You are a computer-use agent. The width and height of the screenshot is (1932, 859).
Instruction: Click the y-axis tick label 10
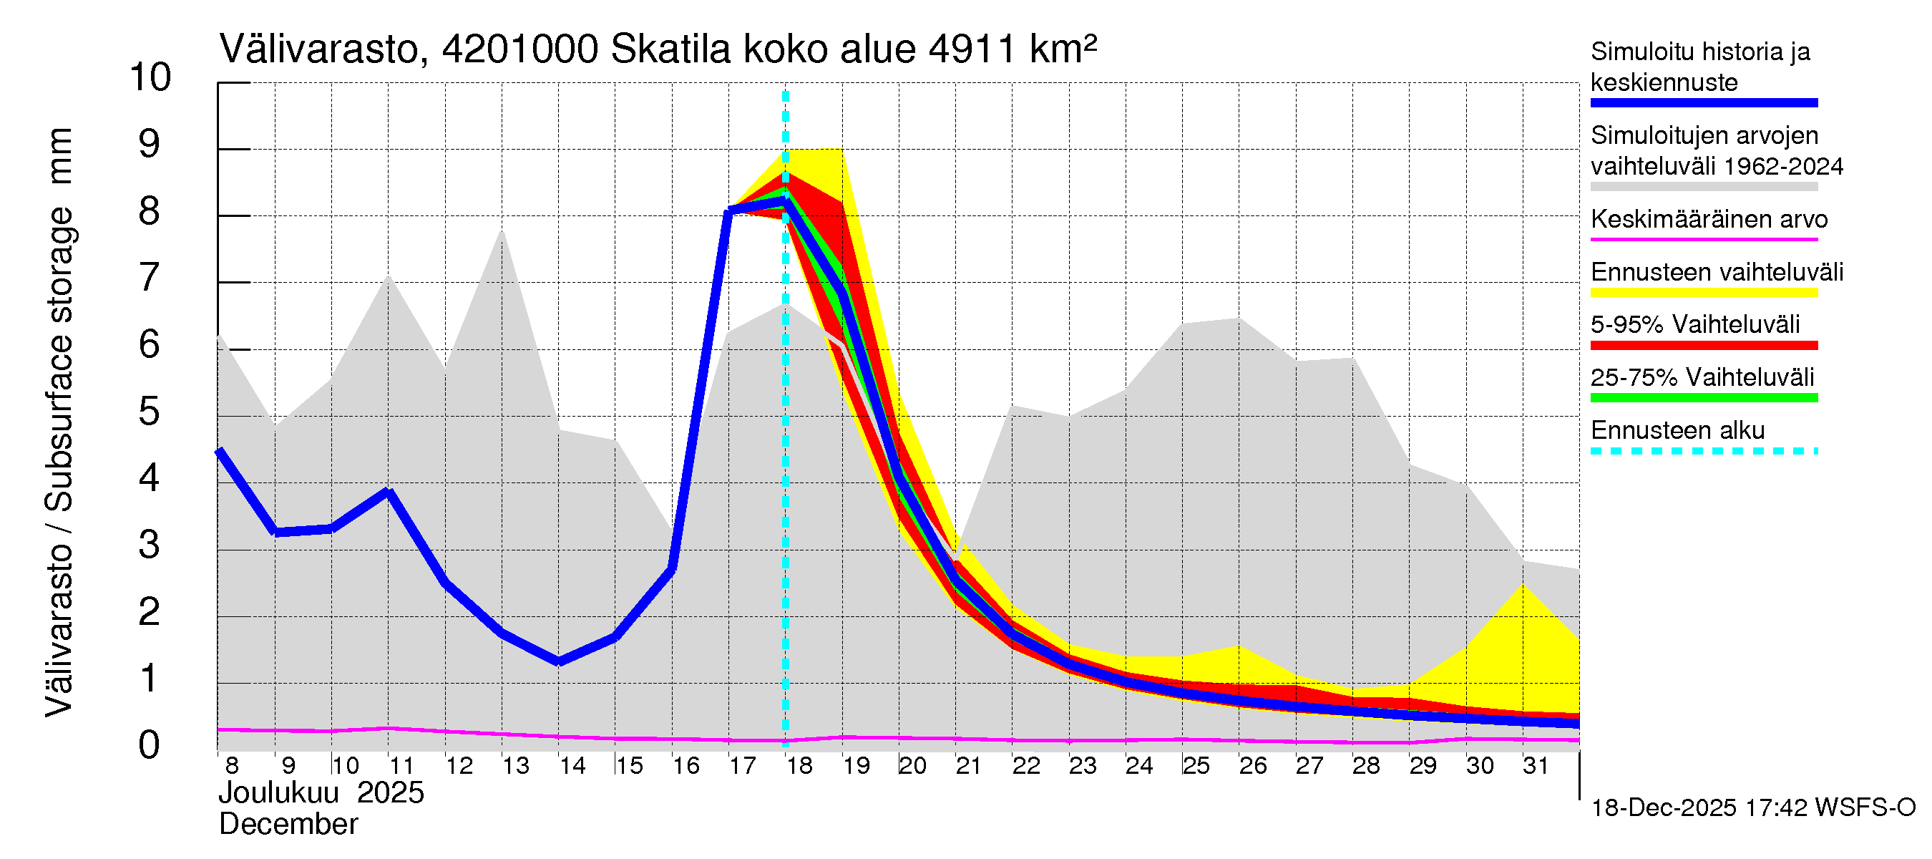[x=150, y=78]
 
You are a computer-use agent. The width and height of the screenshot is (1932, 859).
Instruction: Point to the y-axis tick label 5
[x=150, y=412]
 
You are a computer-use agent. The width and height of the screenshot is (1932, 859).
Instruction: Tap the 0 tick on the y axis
[x=150, y=746]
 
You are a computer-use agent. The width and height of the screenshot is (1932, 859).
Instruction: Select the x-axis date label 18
[x=799, y=766]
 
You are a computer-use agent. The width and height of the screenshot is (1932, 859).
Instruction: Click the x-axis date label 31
[x=1536, y=766]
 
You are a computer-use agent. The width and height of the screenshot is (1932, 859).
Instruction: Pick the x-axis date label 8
[x=232, y=766]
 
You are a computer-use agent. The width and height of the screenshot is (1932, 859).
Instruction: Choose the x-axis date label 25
[x=1196, y=766]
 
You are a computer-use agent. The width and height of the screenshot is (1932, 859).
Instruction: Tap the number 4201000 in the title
[x=519, y=50]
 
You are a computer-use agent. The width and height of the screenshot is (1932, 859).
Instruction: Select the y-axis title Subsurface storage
[x=60, y=359]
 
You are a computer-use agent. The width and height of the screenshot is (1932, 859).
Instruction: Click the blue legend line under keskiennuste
[x=1703, y=103]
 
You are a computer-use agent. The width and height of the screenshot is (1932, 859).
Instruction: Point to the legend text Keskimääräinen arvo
[x=1709, y=220]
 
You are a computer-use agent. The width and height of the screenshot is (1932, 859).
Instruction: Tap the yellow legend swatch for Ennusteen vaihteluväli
[x=1703, y=293]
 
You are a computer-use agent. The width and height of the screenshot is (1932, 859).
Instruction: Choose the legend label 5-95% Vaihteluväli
[x=1694, y=325]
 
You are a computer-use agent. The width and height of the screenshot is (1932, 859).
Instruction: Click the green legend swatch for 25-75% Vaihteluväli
[x=1703, y=397]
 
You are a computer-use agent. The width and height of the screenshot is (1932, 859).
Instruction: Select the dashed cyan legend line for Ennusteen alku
[x=1703, y=451]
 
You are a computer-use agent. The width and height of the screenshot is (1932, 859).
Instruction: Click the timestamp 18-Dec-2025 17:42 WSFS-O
[x=1752, y=808]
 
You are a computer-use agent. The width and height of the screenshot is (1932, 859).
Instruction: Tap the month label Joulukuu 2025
[x=321, y=794]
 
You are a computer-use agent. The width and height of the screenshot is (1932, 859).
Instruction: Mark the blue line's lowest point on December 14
[x=559, y=661]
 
